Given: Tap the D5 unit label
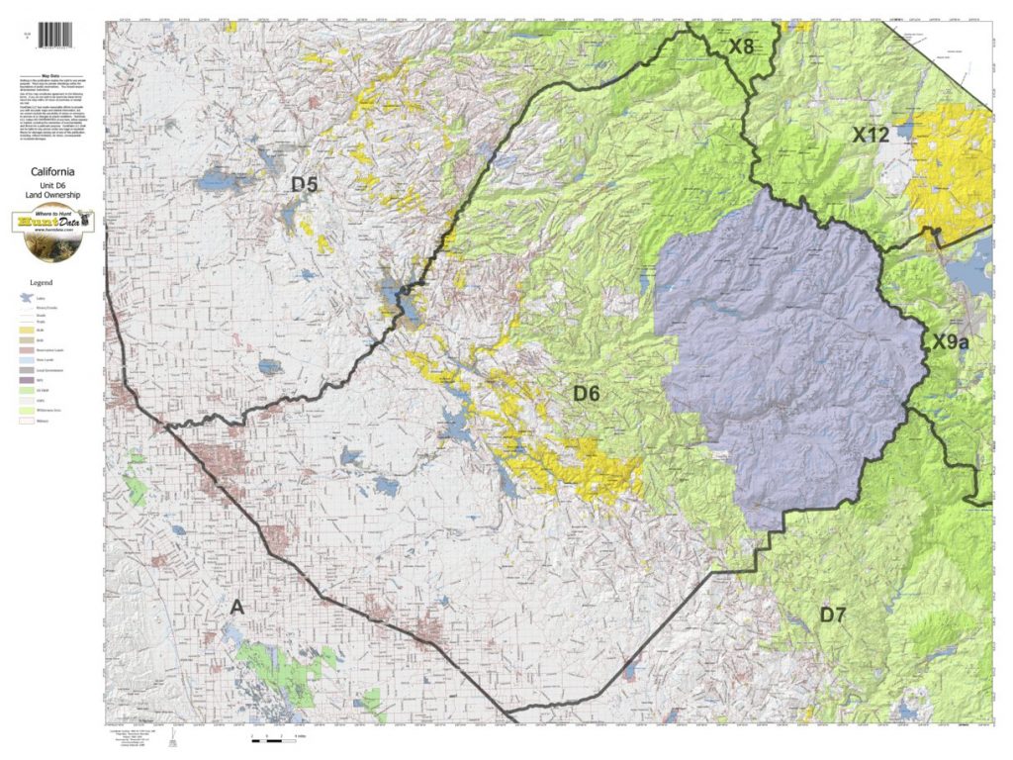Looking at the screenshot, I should point(304,184).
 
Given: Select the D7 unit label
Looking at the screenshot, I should point(832,615).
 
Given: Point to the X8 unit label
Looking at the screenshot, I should point(742,47).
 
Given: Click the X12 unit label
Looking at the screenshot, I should point(871,135).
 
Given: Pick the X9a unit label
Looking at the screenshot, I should point(951,342).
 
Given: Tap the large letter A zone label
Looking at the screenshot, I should point(236,607).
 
